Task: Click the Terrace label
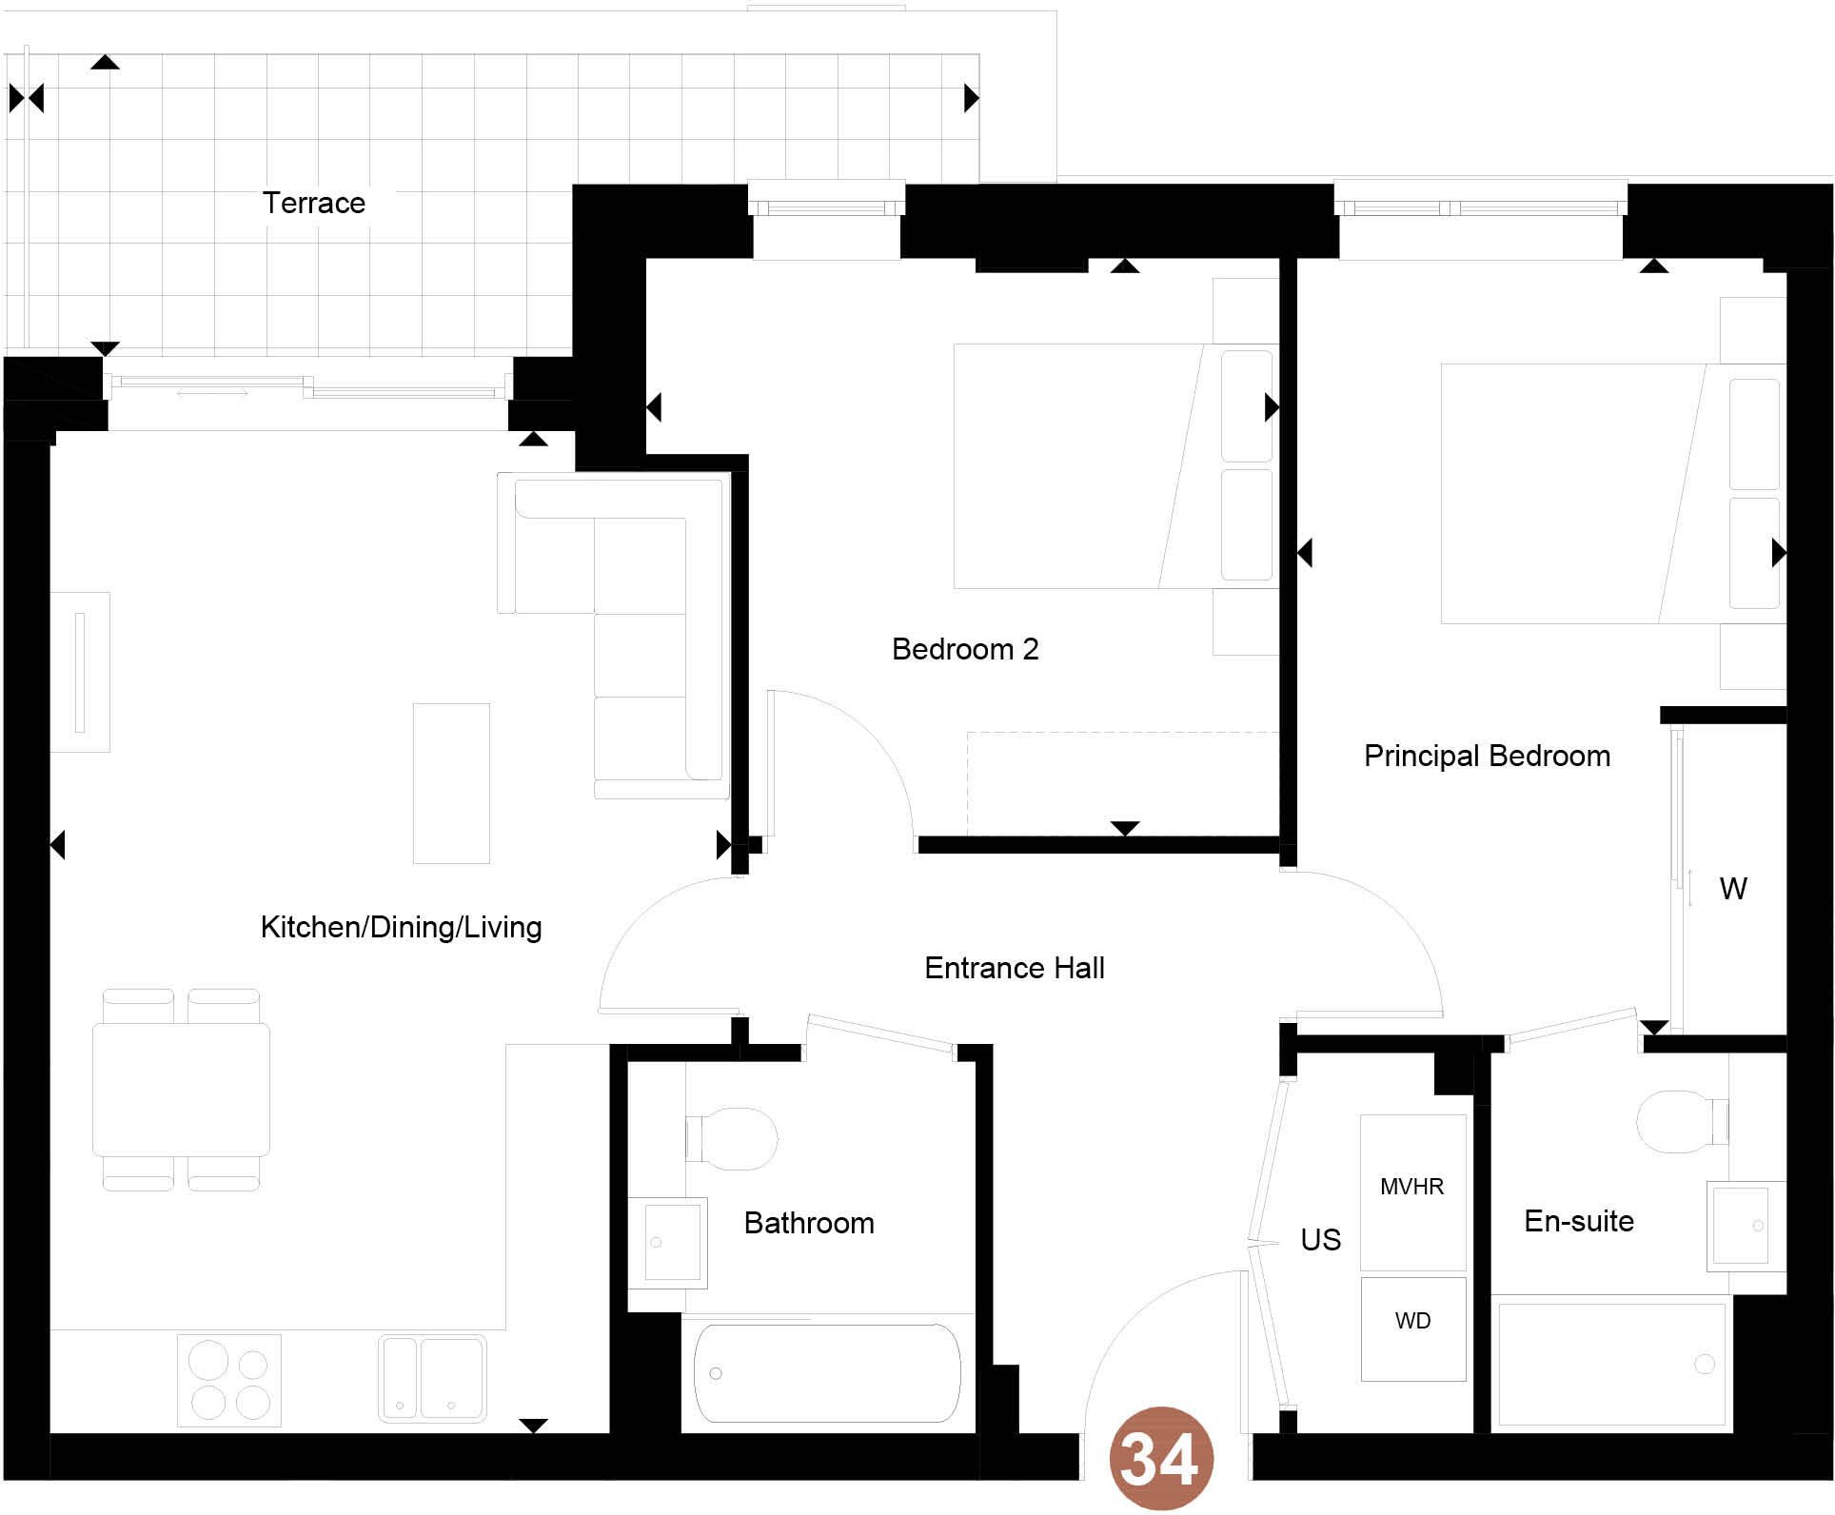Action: (x=314, y=203)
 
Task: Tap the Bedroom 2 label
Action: (x=964, y=649)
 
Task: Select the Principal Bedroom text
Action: (x=1487, y=756)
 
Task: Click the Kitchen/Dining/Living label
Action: (x=401, y=927)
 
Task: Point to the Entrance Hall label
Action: (x=1014, y=968)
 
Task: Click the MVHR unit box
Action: (x=1412, y=1190)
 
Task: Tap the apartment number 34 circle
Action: (x=1160, y=1458)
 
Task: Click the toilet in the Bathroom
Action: (x=733, y=1138)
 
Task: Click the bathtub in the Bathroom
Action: (x=826, y=1373)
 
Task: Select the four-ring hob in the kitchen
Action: (x=229, y=1380)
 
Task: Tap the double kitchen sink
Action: (x=432, y=1378)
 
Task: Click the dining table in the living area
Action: (x=181, y=1090)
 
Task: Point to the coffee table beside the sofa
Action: (x=451, y=783)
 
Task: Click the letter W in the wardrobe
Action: (x=1732, y=889)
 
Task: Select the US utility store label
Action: (x=1320, y=1239)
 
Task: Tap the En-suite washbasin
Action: (x=1742, y=1226)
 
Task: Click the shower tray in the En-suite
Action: (x=1610, y=1364)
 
